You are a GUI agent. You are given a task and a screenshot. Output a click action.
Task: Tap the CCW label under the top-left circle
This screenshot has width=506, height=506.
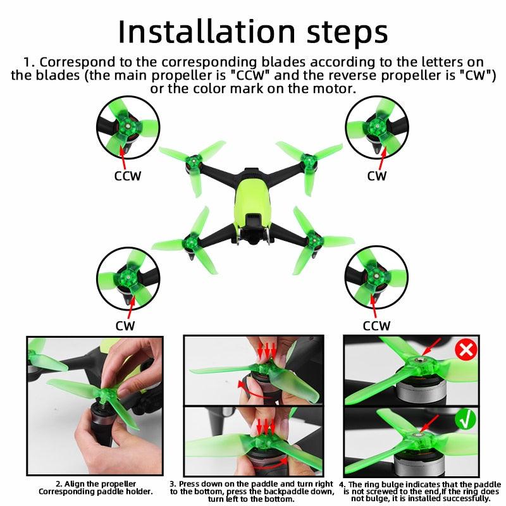pyautogui.click(x=128, y=176)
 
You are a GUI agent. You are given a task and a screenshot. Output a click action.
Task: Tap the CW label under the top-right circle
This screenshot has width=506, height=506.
pyautogui.click(x=377, y=176)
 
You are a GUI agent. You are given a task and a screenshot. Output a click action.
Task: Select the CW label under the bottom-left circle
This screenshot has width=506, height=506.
pyautogui.click(x=125, y=325)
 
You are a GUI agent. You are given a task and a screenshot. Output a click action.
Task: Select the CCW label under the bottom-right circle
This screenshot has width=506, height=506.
pyautogui.click(x=376, y=326)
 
